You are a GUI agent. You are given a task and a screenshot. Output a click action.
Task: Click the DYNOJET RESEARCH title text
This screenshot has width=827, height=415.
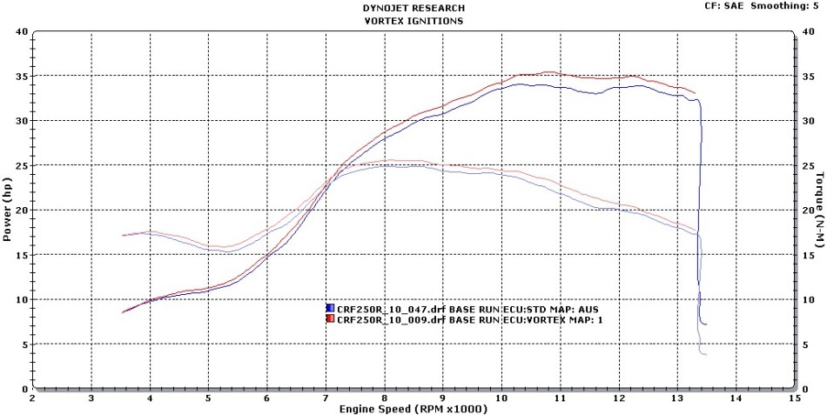point(413,8)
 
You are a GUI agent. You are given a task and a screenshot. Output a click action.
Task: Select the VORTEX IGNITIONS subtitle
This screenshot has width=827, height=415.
point(413,20)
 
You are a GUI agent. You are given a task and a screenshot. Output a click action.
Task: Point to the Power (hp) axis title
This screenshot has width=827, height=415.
point(7,210)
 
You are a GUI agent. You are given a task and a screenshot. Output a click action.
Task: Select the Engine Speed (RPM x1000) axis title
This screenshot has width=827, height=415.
point(413,408)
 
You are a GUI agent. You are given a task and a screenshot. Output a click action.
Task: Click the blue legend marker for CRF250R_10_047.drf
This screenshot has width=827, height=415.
point(330,309)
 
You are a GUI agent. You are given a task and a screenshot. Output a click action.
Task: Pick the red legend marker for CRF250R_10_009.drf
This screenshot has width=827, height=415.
point(330,319)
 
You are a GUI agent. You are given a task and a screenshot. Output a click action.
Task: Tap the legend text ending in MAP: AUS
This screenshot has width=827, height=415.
point(467,309)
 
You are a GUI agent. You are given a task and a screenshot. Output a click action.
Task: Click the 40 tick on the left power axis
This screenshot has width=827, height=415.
point(22,31)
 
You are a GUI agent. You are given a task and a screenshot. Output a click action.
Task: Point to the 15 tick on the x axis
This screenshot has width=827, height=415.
point(793,398)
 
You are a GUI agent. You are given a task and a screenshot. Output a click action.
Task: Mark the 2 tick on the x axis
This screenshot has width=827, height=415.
point(33,398)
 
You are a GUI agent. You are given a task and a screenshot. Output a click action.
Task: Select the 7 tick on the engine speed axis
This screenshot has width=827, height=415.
point(326,398)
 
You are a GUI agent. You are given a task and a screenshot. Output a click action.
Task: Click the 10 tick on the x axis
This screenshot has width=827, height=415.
point(501,398)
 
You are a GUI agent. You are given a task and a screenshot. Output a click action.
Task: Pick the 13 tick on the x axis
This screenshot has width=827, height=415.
point(676,398)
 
